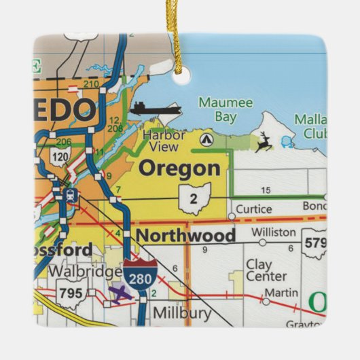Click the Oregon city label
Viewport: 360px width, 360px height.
pyautogui.click(x=179, y=168)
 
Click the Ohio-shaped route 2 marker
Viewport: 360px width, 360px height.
pyautogui.click(x=194, y=198)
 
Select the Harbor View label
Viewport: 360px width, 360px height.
pyautogui.click(x=164, y=141)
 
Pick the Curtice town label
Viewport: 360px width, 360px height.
pyautogui.click(x=254, y=209)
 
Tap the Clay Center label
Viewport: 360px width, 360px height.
pyautogui.click(x=267, y=270)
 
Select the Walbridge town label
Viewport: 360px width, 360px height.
pyautogui.click(x=90, y=272)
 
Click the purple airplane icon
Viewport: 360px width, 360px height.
pyautogui.click(x=120, y=294)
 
